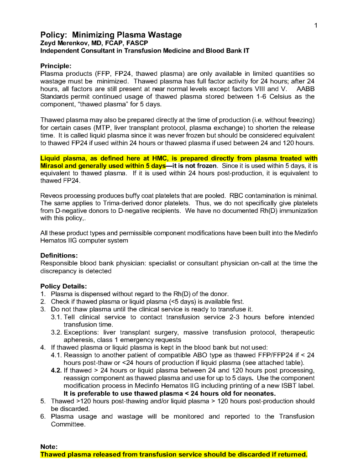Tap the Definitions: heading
coord(59,256)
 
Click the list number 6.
coord(43,416)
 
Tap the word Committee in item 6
coord(68,424)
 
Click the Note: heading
coord(49,447)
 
